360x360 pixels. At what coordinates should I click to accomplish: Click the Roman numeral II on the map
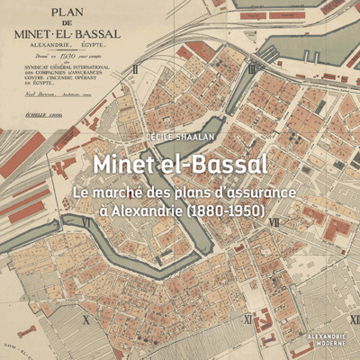(x=135, y=68)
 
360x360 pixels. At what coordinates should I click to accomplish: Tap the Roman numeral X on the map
(x=85, y=319)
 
